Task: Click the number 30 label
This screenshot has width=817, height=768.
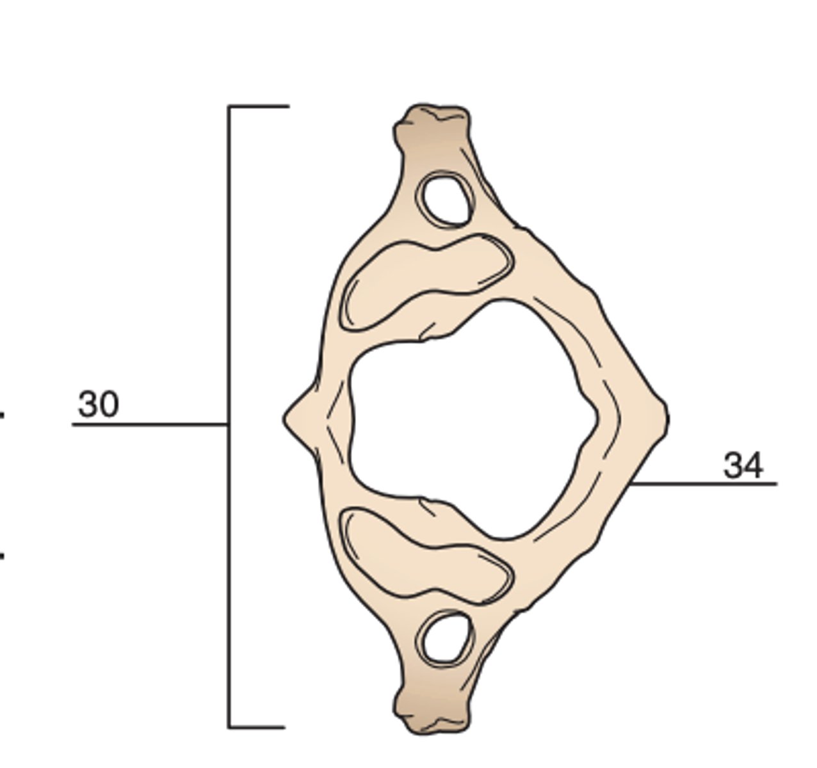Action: (x=98, y=404)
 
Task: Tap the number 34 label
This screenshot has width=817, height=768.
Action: (x=743, y=465)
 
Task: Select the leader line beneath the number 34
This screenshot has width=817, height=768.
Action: (x=704, y=484)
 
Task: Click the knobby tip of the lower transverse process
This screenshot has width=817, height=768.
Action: (x=432, y=714)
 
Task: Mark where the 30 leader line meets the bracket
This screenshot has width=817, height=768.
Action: (x=229, y=424)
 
